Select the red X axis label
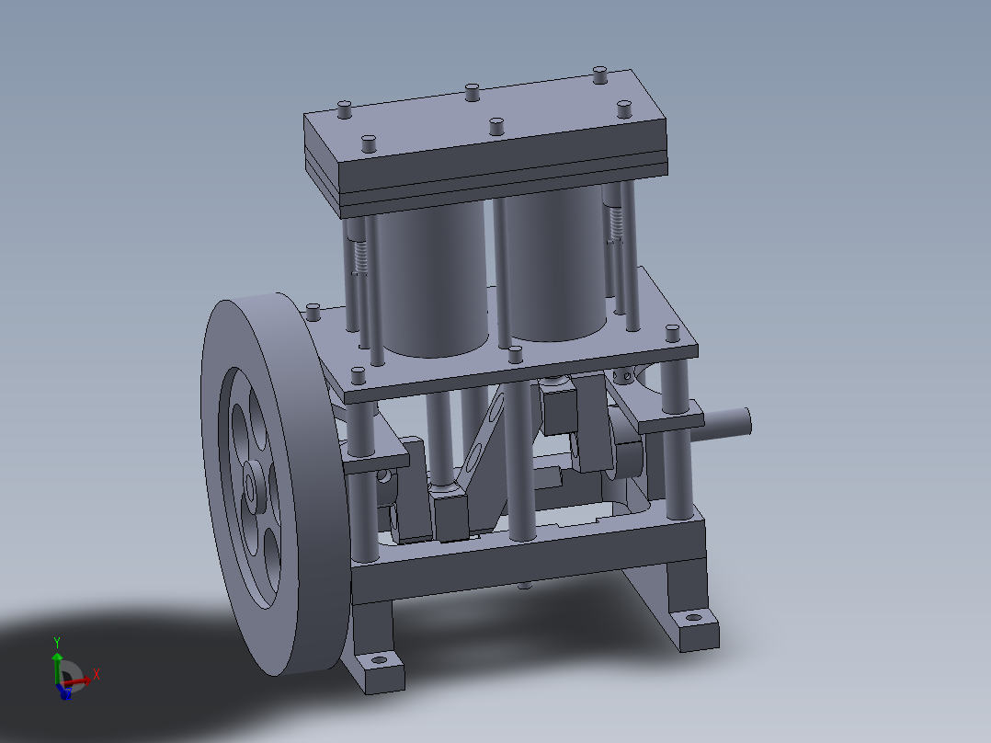pos(96,674)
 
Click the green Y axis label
pos(57,642)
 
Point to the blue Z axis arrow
pos(63,692)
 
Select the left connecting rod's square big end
pos(451,516)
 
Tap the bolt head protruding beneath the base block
pos(524,584)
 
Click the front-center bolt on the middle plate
pos(515,354)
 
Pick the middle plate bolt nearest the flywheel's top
pos(313,313)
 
